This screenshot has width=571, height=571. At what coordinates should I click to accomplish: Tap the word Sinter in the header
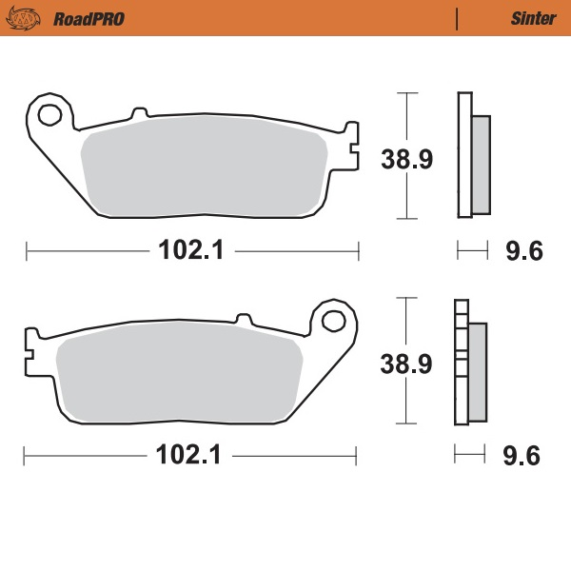(533, 18)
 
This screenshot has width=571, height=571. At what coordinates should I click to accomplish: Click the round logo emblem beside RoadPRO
(29, 18)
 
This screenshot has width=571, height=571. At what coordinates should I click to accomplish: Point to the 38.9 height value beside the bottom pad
(407, 363)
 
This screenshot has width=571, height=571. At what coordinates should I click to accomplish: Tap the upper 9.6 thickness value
(522, 252)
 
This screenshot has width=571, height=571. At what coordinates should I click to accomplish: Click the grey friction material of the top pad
(205, 168)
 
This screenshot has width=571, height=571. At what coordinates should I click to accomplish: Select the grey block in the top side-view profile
(482, 164)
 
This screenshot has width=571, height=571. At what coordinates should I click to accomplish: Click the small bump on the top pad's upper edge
(139, 114)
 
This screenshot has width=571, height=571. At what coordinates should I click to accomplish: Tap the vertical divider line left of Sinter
(459, 18)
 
